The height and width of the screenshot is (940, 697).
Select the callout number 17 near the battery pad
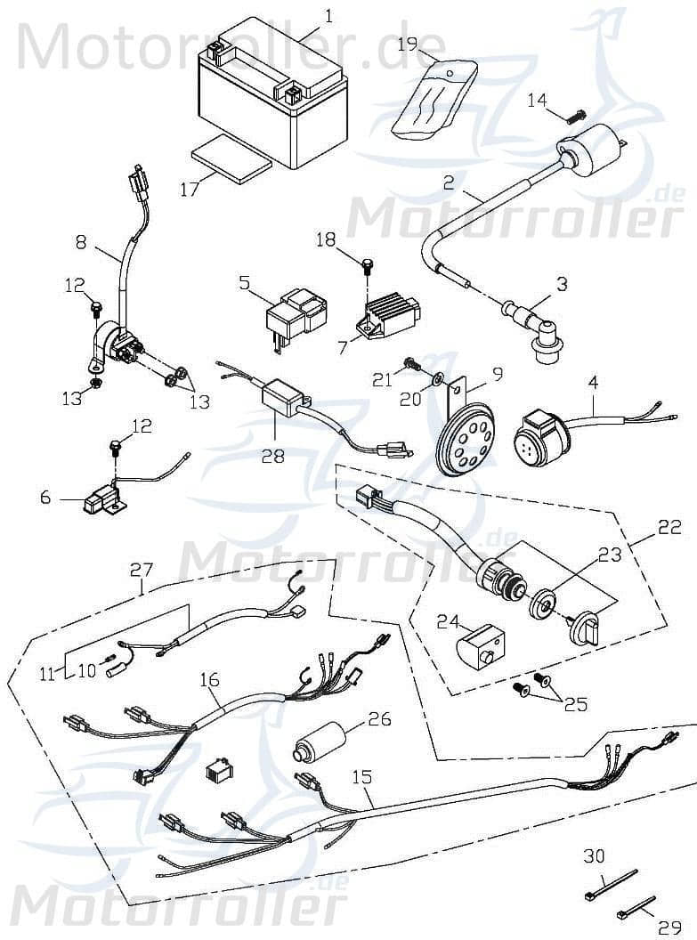(x=189, y=189)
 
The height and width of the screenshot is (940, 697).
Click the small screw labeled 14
(x=578, y=116)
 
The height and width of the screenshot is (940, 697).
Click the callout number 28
(x=272, y=455)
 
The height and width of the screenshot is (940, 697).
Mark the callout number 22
(x=669, y=528)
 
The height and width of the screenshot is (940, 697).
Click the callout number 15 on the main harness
(x=361, y=777)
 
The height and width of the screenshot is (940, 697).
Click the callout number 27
(x=142, y=569)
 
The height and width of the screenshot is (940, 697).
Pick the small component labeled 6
(x=100, y=500)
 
